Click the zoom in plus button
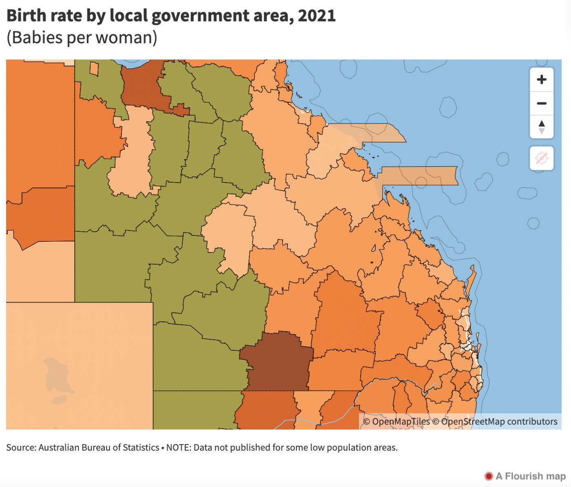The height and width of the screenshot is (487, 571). tap(542, 80)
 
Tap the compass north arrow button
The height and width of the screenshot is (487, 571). tap(542, 126)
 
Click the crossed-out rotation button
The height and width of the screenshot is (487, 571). tap(542, 158)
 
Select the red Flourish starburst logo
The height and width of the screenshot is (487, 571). tap(489, 476)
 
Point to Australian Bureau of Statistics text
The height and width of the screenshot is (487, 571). tap(99, 447)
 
